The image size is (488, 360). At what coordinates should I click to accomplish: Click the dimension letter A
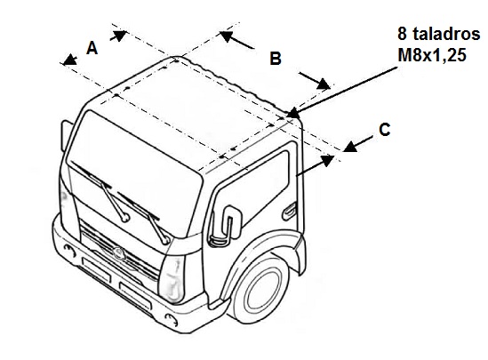coord(92,48)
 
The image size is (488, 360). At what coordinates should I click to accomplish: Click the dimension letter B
coord(276,59)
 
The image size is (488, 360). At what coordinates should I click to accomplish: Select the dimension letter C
coord(385,130)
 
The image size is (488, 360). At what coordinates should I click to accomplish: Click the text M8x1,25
coord(432,55)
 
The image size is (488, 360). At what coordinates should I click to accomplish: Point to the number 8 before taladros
coord(402,34)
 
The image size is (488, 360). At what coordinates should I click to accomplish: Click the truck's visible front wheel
coord(260,288)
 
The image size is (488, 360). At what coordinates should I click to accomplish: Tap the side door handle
coord(290,212)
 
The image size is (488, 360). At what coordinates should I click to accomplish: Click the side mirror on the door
coord(225,226)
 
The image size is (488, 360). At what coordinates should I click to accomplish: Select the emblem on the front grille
coord(118,252)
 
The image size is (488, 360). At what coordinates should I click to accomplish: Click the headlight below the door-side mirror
coord(172,279)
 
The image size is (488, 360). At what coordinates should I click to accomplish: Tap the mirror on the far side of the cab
coord(67,136)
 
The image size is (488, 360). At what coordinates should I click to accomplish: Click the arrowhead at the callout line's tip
coord(292,113)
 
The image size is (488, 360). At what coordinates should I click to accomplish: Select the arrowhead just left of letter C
coord(350,147)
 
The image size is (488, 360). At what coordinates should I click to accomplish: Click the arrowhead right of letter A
coord(119,36)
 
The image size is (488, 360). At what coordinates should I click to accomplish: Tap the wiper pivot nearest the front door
coord(165,240)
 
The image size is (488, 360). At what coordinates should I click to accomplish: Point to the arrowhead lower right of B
coord(323,84)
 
